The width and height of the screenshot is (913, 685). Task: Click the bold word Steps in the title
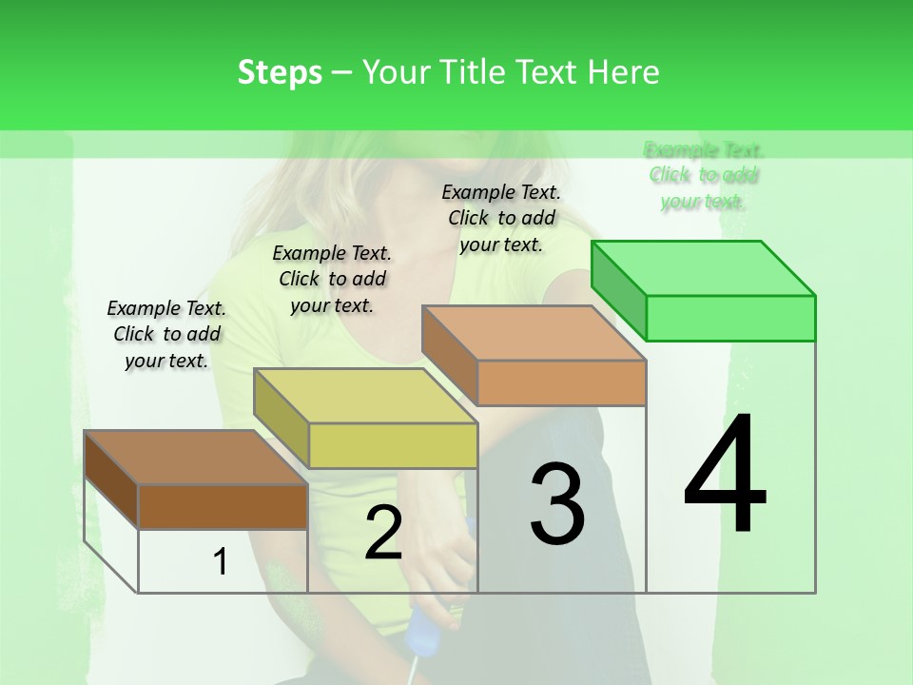click(x=280, y=72)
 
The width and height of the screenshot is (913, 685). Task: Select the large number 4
click(x=726, y=476)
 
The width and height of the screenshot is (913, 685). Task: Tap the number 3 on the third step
click(x=557, y=504)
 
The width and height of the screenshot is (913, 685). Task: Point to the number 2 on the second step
click(x=383, y=533)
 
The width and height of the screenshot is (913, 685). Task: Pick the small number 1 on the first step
click(x=221, y=562)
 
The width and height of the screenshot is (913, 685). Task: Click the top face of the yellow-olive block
click(x=365, y=396)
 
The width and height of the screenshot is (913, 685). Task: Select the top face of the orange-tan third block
click(x=534, y=333)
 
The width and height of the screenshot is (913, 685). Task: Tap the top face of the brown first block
click(x=196, y=458)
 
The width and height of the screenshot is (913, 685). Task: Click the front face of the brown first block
click(x=223, y=506)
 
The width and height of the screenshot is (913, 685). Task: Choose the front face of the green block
click(x=730, y=318)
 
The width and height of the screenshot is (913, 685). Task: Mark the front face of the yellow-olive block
click(x=393, y=445)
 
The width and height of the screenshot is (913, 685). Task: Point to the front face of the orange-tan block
click(x=561, y=382)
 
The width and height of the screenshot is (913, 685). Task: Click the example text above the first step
click(x=166, y=334)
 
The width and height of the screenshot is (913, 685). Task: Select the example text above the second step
click(x=332, y=279)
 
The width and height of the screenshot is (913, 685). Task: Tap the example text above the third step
click(x=501, y=218)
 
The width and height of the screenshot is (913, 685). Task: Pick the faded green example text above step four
click(x=704, y=175)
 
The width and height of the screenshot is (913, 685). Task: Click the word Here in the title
click(x=623, y=72)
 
